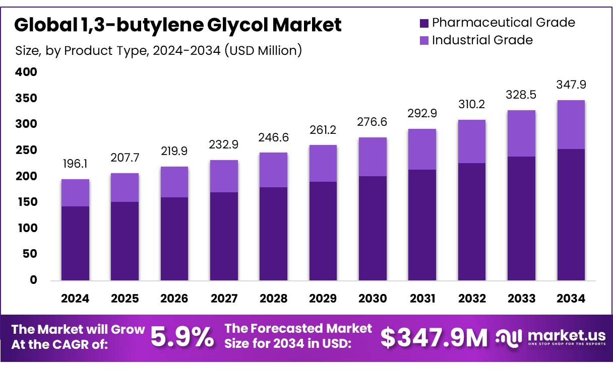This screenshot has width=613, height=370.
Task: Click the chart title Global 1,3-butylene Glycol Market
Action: coord(177,25)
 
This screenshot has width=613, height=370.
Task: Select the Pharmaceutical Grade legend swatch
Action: coord(423,23)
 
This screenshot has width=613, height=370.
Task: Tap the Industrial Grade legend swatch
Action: coord(423,40)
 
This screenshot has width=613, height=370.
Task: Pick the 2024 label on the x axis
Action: coord(75,299)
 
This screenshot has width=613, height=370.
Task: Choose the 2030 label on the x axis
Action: coord(373,299)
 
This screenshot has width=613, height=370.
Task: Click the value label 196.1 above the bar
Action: coord(75,164)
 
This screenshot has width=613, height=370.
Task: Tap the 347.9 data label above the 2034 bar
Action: coord(571,85)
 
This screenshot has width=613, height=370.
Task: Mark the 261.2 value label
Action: coord(323,130)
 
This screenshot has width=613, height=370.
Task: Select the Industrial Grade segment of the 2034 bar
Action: coord(571,124)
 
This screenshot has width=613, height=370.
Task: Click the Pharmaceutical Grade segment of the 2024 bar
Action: coord(75,243)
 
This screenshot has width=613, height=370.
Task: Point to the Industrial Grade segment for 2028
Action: coord(274,170)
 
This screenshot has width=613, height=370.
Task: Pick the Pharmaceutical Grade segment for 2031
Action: coord(422,225)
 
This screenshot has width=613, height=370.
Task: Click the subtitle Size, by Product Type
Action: coord(158,50)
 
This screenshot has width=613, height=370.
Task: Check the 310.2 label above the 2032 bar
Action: coord(472,105)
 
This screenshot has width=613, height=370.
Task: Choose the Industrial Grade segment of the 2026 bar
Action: coord(174,182)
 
